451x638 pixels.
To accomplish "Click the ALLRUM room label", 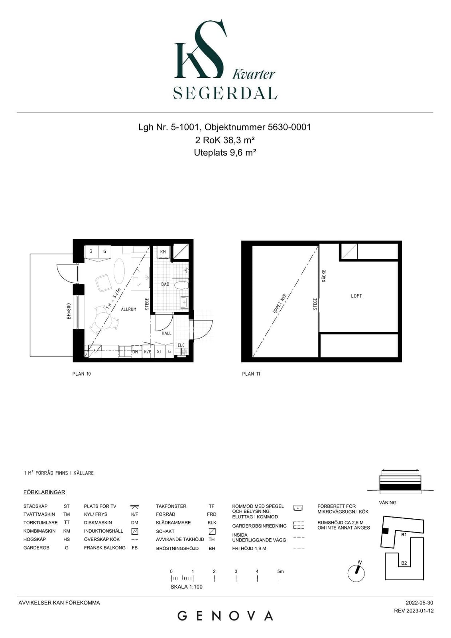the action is click(128, 309).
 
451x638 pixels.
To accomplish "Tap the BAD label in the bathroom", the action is click(165, 284).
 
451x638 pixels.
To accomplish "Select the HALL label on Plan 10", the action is click(166, 333).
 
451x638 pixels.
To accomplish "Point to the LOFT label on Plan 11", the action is click(356, 296).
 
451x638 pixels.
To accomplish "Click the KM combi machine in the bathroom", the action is click(163, 252).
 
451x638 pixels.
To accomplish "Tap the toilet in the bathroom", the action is click(181, 285).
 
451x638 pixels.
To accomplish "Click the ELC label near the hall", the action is click(181, 345).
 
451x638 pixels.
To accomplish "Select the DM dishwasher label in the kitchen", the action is click(135, 352).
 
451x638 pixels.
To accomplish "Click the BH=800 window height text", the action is click(69, 311).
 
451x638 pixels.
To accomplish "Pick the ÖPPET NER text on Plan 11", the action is click(280, 303).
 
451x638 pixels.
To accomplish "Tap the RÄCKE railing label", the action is click(324, 276).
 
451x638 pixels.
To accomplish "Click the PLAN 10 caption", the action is click(81, 374).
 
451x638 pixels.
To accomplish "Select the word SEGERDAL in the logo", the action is click(225, 93).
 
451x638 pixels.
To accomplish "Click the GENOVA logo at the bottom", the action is click(225, 616).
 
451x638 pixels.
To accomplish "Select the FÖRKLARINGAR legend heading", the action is click(44, 492).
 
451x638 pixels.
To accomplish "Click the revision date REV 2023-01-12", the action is click(414, 610).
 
